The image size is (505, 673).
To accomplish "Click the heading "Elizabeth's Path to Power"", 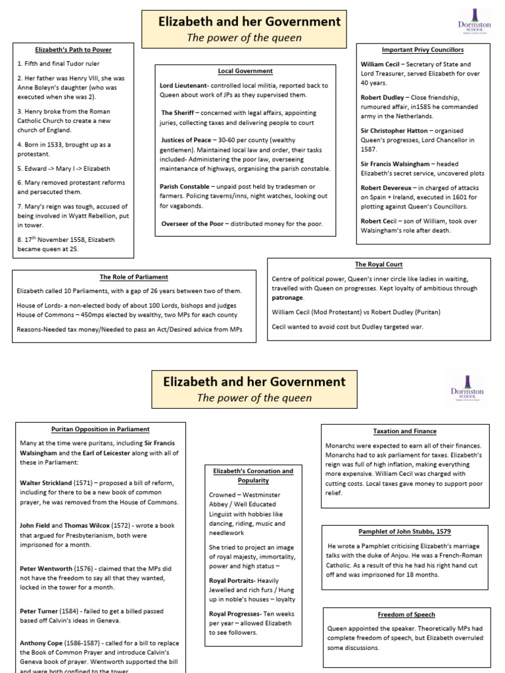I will click(73, 50).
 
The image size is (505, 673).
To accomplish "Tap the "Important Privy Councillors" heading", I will click(423, 50).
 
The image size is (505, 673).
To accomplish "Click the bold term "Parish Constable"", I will click(189, 187).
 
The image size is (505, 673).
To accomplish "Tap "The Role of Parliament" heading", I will click(133, 277).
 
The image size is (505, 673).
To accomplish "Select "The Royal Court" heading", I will click(379, 264).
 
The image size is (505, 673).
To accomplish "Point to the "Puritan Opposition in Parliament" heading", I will click(101, 429).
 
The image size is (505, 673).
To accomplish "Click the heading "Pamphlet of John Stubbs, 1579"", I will click(404, 531).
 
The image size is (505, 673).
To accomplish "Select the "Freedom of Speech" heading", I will click(406, 615).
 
